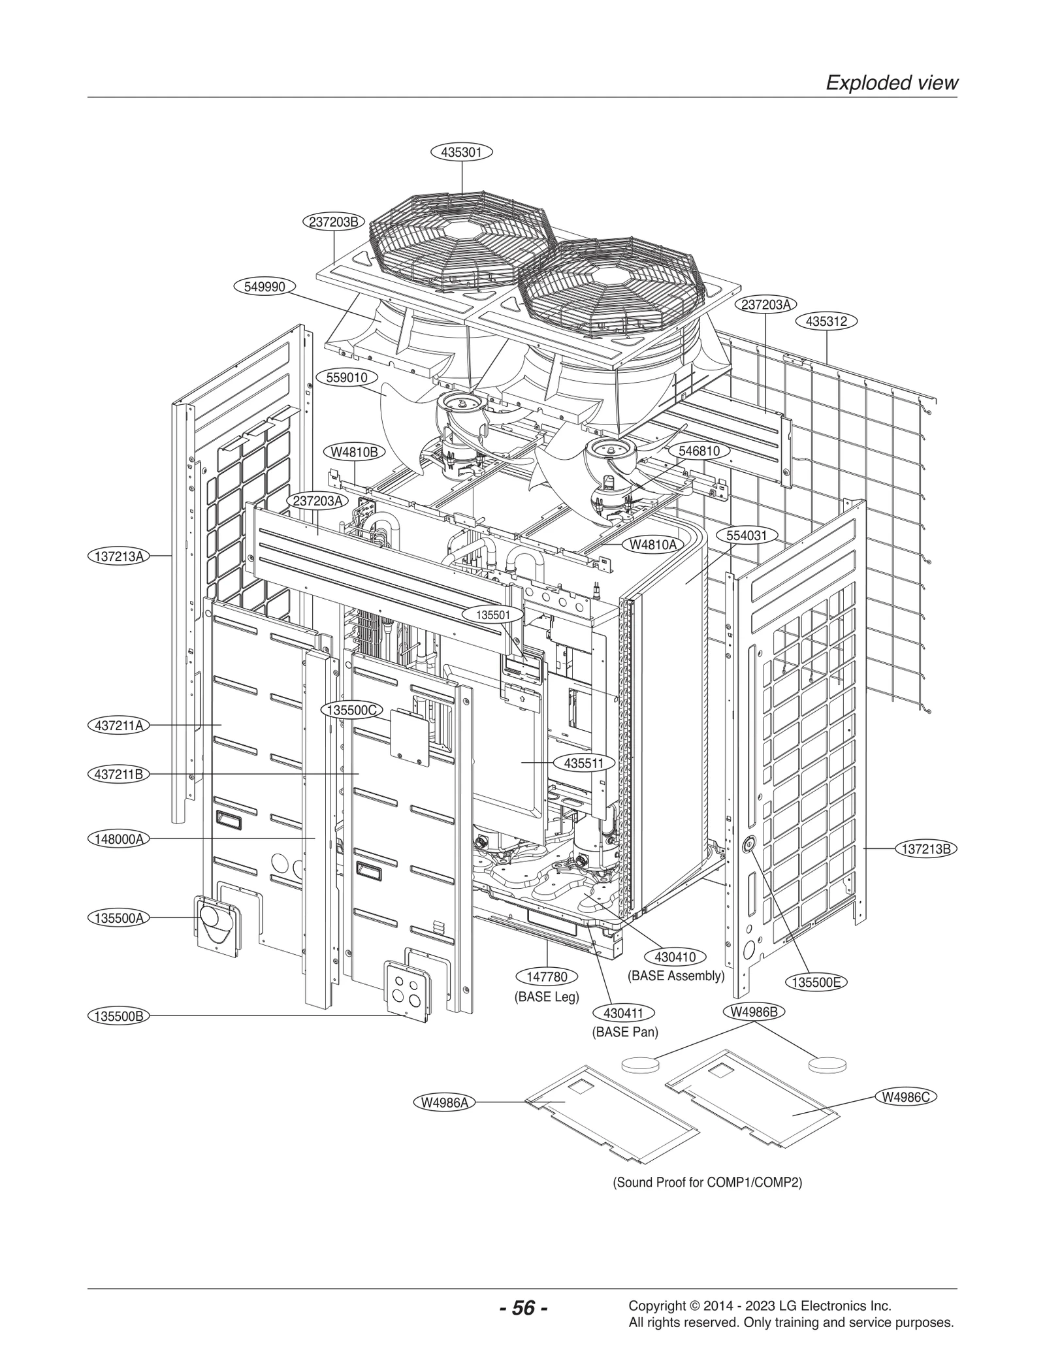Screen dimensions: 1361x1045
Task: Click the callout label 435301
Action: [461, 152]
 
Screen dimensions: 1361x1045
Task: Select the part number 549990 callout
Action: [265, 287]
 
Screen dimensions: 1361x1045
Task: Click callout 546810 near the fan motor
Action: [699, 451]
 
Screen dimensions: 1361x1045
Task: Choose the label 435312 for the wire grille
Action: [826, 321]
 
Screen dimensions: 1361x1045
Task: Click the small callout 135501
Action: [493, 615]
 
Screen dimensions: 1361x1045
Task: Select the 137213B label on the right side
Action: [927, 849]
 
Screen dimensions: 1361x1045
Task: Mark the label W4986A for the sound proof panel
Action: [445, 1102]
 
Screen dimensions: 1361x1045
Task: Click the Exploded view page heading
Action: [892, 83]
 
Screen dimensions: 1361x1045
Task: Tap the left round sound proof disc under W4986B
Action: [640, 1065]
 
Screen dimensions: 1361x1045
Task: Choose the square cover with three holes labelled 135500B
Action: [406, 993]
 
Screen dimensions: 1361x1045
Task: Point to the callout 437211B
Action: [118, 775]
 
